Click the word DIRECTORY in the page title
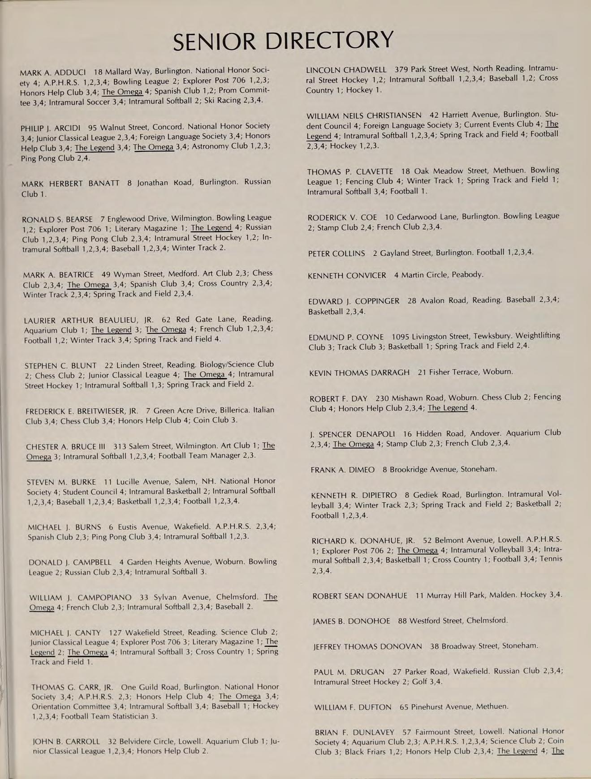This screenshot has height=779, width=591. (329, 40)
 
